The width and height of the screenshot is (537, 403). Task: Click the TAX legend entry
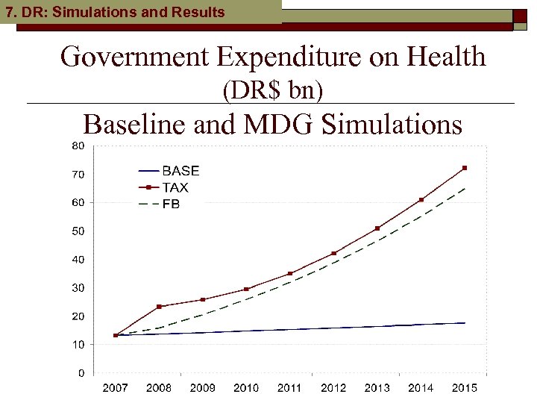tap(175, 187)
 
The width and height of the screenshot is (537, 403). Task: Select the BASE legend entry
tap(180, 171)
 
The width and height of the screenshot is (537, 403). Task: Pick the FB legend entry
tap(171, 204)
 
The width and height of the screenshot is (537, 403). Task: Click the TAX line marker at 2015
tap(465, 168)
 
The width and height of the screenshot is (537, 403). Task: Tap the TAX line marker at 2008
tap(159, 307)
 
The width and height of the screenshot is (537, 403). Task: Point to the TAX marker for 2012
tap(333, 254)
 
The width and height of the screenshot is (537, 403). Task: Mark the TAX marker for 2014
tap(421, 200)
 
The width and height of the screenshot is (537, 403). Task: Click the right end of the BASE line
tap(465, 323)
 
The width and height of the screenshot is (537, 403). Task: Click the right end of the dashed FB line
tap(465, 188)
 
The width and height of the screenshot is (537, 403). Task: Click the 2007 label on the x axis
tap(116, 387)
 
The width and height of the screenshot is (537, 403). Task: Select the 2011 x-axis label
tap(289, 387)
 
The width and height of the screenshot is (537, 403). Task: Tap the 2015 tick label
tap(465, 387)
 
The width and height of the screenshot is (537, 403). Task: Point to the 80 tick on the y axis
tap(78, 145)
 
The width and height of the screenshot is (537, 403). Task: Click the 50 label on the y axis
tap(78, 231)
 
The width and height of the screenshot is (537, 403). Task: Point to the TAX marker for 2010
tap(246, 290)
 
